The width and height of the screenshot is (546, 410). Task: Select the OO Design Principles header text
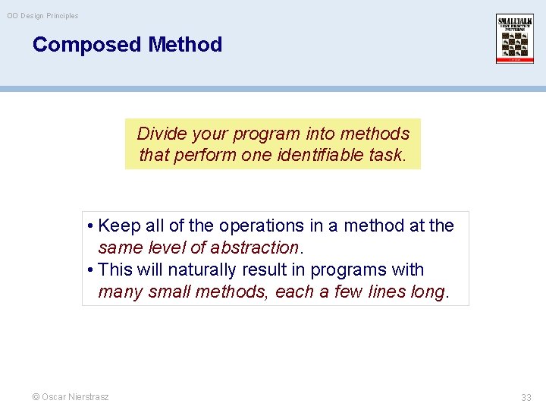click(42, 16)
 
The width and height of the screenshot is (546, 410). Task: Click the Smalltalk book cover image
click(515, 39)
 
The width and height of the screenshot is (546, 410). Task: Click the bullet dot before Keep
click(90, 226)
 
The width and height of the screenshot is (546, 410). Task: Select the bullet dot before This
click(90, 270)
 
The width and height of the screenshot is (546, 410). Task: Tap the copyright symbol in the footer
click(36, 397)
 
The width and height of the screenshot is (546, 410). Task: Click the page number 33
click(526, 398)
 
